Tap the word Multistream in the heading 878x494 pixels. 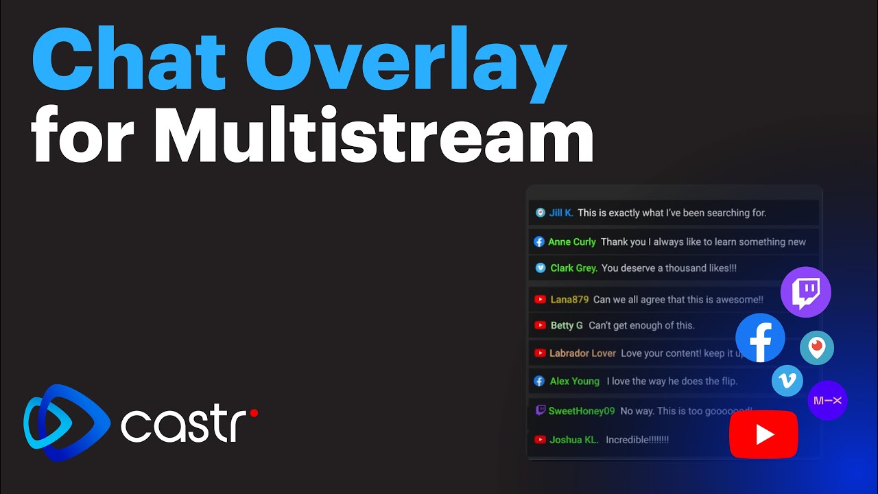(x=374, y=135)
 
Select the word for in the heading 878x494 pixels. (x=84, y=135)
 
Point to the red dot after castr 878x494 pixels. (x=254, y=413)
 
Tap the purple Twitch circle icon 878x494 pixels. (x=805, y=292)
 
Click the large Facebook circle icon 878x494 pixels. (x=760, y=338)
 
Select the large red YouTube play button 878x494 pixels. (x=763, y=434)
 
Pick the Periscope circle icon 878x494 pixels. (x=816, y=347)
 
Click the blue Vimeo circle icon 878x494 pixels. (x=787, y=380)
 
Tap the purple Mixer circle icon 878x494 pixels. (x=827, y=400)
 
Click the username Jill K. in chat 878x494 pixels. (x=561, y=213)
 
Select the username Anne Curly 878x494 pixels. (x=572, y=242)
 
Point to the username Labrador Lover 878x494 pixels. (x=582, y=353)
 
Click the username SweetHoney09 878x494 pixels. (x=582, y=411)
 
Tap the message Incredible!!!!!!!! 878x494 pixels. (x=637, y=440)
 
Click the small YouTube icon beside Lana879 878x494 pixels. (x=540, y=299)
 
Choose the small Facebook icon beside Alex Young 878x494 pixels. (x=540, y=381)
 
